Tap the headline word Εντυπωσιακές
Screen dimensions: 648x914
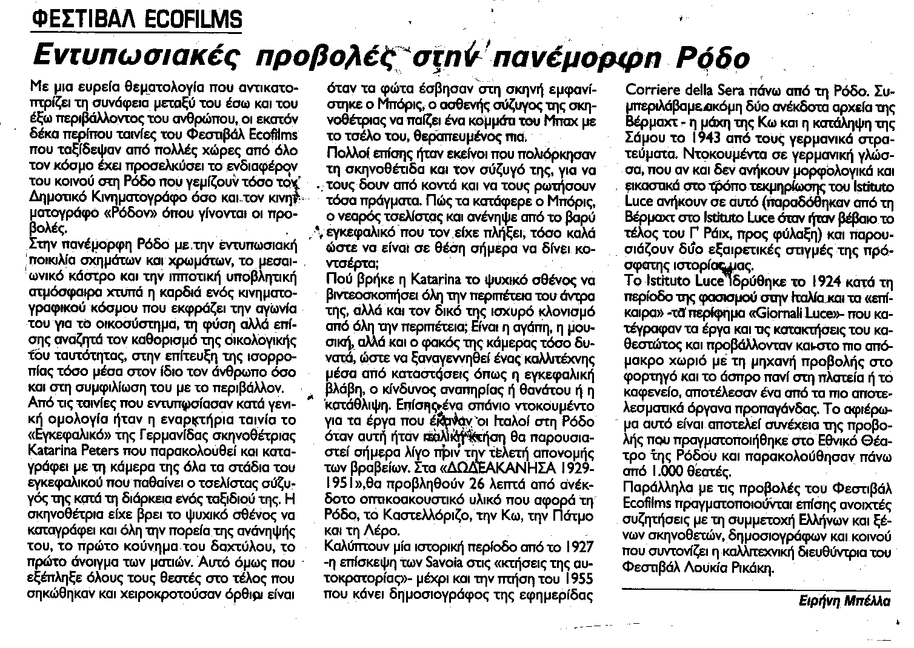(131, 58)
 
